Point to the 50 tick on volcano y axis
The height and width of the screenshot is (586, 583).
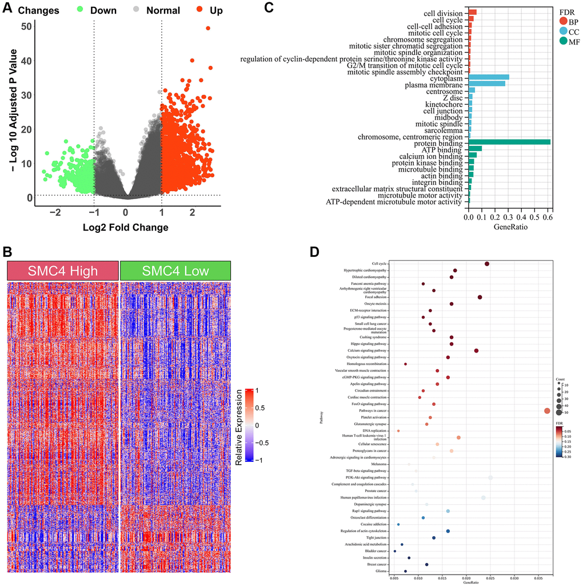click(26, 26)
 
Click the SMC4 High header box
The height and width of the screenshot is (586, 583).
click(63, 271)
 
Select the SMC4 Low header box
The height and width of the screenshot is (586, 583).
click(175, 271)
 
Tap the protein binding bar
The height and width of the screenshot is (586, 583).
click(509, 142)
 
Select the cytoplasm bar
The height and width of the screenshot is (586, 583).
click(489, 77)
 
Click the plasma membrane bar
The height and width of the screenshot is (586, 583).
click(486, 84)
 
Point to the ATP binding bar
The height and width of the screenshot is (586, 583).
click(475, 149)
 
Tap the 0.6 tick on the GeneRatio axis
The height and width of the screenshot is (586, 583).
click(547, 218)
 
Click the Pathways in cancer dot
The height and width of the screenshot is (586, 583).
click(547, 410)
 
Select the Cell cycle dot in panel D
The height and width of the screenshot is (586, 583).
click(486, 264)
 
